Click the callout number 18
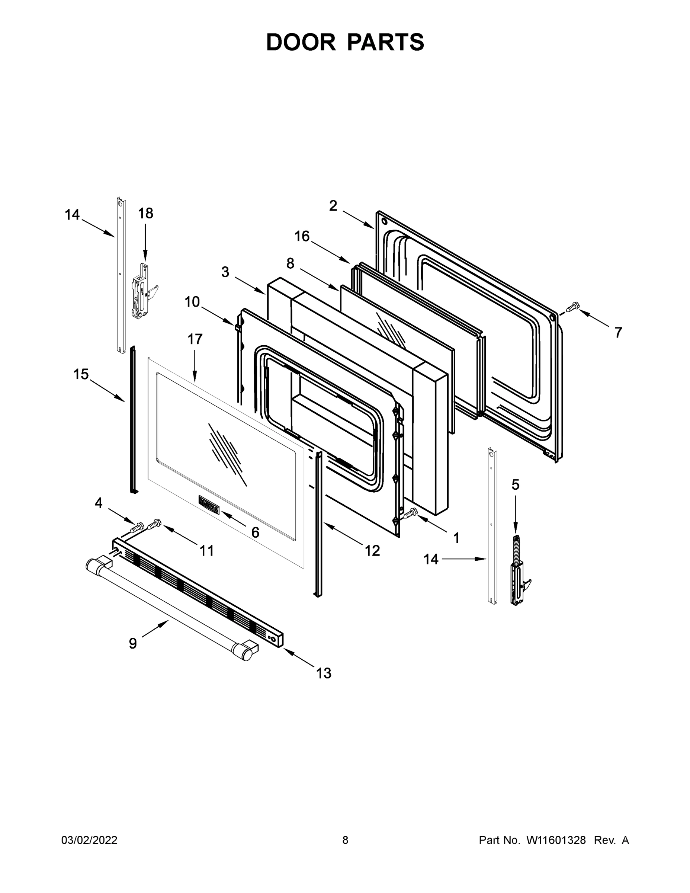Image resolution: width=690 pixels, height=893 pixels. (145, 213)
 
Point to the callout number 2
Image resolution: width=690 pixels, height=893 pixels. (333, 206)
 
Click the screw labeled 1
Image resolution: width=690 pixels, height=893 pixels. (410, 513)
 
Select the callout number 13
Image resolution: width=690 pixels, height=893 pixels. (323, 673)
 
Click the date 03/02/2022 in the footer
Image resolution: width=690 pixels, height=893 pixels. (89, 840)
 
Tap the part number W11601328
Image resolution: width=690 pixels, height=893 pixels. (556, 840)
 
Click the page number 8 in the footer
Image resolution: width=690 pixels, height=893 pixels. (345, 840)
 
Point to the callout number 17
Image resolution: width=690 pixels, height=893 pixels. (195, 339)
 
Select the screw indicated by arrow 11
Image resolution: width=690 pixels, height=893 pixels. (154, 524)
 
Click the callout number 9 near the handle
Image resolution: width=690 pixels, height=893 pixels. (133, 644)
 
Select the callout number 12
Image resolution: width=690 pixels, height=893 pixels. (372, 551)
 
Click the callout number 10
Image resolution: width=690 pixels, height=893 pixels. (192, 302)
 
